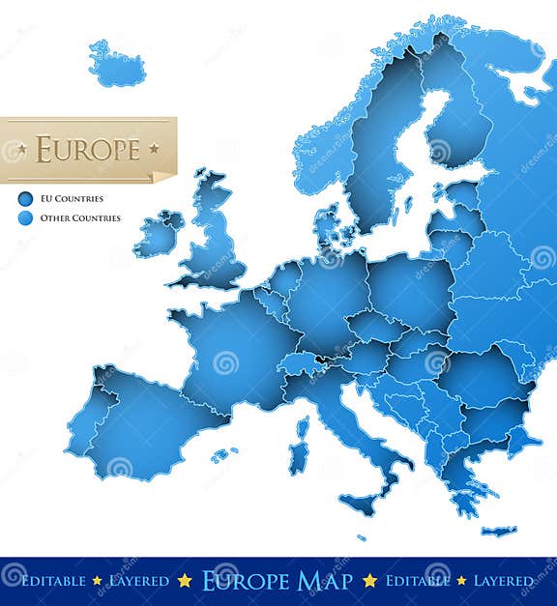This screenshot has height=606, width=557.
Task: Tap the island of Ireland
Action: click(157, 236)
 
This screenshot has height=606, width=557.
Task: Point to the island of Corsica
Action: click(303, 426)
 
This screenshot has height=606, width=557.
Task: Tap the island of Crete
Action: click(499, 531)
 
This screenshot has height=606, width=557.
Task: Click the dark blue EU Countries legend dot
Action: click(25, 199)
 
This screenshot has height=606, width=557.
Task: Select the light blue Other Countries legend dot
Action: click(25, 218)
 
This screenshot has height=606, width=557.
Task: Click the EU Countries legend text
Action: click(72, 199)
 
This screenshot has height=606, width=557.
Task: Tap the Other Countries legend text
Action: click(80, 218)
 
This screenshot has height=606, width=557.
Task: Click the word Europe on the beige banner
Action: click(88, 149)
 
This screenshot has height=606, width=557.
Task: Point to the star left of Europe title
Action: click(22, 149)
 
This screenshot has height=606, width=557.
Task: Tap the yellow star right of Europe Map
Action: click(369, 581)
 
